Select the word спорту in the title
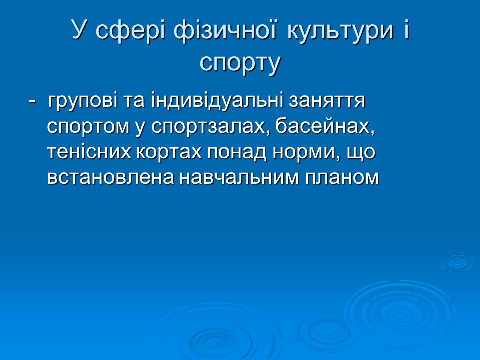[x=240, y=63]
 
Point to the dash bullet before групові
[x=32, y=101]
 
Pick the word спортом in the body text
[x=87, y=127]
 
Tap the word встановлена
[x=107, y=177]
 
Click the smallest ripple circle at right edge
[x=457, y=261]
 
